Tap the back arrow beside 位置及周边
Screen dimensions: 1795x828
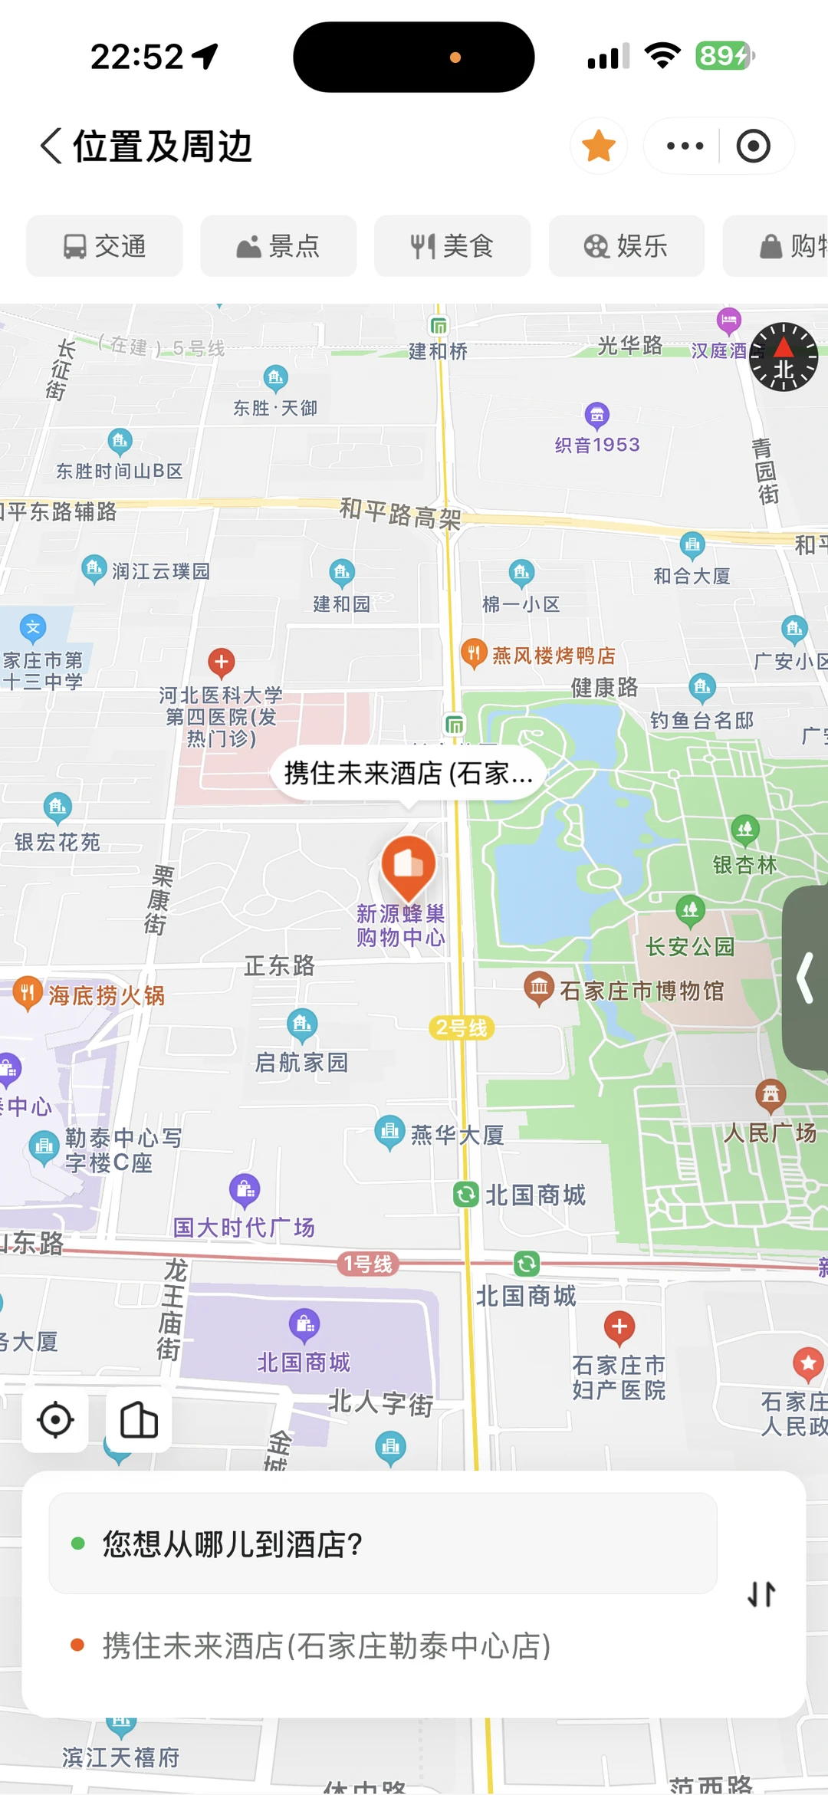[51, 146]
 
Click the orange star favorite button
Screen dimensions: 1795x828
[599, 146]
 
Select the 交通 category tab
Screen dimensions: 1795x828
[104, 246]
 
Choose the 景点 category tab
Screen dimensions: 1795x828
[278, 246]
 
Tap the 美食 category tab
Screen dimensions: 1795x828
[452, 246]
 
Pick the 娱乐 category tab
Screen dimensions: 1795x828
[626, 246]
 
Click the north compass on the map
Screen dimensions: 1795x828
[784, 357]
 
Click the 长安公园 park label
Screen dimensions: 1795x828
[690, 947]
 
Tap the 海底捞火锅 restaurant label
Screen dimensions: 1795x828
[106, 995]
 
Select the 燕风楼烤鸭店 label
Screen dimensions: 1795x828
[553, 656]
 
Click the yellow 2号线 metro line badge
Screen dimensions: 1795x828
[461, 1028]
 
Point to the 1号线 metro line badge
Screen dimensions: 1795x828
[368, 1264]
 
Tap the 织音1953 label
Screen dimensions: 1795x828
[597, 445]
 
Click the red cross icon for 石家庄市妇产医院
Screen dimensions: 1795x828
[619, 1326]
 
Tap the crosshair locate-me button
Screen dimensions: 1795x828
[55, 1420]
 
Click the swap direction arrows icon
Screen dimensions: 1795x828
[761, 1594]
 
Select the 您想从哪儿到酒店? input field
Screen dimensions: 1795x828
[383, 1544]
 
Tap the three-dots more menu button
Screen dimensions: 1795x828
[685, 146]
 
